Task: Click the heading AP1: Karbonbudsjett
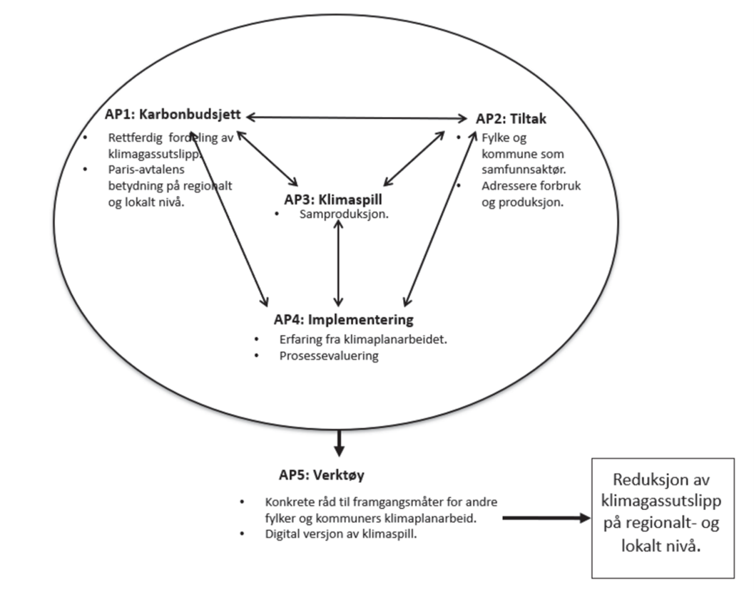pos(173,115)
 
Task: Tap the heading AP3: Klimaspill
pos(339,199)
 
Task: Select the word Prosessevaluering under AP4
pos(328,355)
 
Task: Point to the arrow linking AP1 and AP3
pos(268,158)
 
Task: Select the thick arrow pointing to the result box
pos(546,518)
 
